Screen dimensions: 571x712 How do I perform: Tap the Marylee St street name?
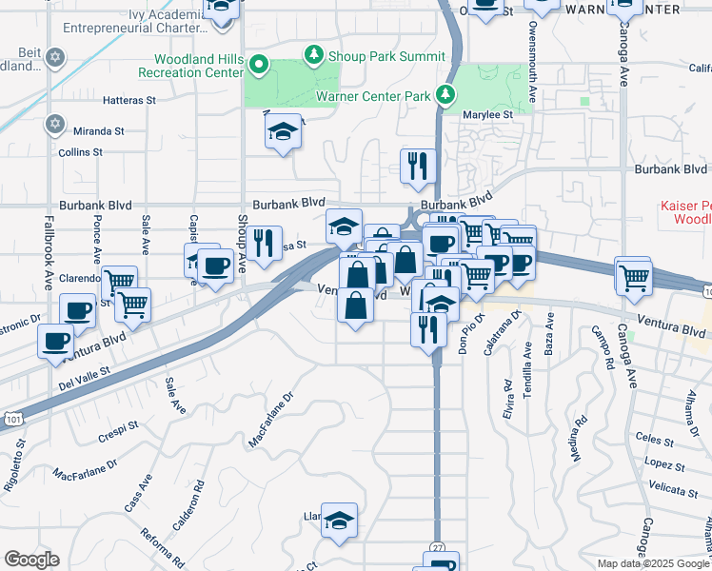point(487,114)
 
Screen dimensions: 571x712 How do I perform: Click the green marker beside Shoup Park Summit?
point(313,55)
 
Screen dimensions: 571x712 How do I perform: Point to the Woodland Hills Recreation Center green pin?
point(260,66)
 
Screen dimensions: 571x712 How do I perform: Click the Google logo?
point(31,560)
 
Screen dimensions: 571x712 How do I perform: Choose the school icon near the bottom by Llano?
point(339,521)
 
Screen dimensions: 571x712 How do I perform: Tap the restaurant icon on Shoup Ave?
point(266,244)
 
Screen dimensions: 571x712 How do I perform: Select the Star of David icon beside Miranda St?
point(55,124)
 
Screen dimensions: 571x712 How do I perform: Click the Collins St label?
point(80,151)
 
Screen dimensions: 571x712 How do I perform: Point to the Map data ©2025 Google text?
point(652,563)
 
